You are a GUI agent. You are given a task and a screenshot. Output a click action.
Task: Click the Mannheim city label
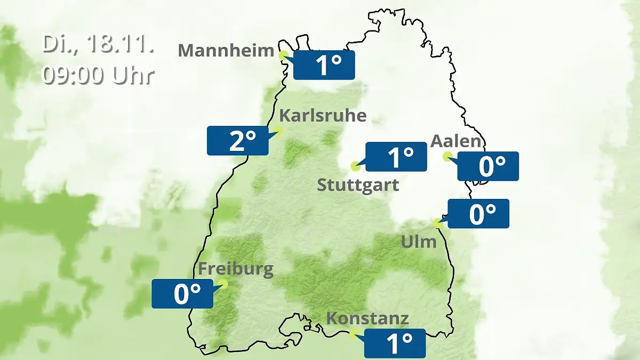[226, 51]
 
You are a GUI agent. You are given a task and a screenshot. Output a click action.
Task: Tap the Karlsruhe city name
[323, 116]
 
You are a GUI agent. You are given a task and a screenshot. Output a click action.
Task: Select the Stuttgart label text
[358, 186]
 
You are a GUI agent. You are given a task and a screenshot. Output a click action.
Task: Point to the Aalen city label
[456, 141]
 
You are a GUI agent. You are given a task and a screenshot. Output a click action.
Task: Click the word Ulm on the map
[419, 242]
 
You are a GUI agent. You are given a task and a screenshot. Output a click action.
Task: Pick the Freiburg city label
[236, 269]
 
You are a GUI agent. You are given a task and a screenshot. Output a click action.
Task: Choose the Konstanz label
[367, 319]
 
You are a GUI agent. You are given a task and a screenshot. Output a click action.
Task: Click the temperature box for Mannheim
[324, 65]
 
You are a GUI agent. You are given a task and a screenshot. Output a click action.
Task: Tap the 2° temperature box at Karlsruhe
[238, 141]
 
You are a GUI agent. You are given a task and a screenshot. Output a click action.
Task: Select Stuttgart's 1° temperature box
[396, 157]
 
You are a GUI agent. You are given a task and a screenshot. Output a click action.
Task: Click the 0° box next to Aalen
[488, 166]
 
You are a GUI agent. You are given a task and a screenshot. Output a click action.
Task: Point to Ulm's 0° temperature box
[478, 213]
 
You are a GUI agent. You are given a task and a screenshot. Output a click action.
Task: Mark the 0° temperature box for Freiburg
[182, 293]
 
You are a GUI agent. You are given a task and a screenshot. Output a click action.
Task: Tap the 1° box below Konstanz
[395, 343]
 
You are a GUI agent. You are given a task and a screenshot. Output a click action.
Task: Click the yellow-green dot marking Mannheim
[284, 54]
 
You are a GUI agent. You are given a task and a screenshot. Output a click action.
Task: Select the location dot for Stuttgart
[355, 166]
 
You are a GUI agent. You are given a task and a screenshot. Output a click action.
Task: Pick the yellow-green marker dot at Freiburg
[222, 284]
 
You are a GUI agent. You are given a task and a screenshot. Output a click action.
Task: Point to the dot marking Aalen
[447, 156]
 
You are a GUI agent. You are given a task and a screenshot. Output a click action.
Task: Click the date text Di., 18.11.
[98, 45]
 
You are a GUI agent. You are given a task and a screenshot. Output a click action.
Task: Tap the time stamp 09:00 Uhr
[98, 75]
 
